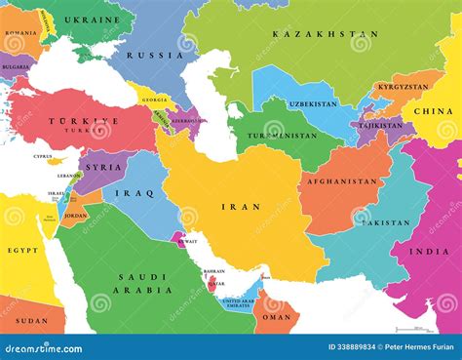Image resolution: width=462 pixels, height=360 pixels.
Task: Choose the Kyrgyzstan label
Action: [402, 87]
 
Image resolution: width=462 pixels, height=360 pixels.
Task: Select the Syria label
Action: [104, 167]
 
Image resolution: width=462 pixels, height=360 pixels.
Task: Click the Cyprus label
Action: [43, 156]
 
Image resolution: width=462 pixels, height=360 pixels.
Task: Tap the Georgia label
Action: [152, 100]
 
